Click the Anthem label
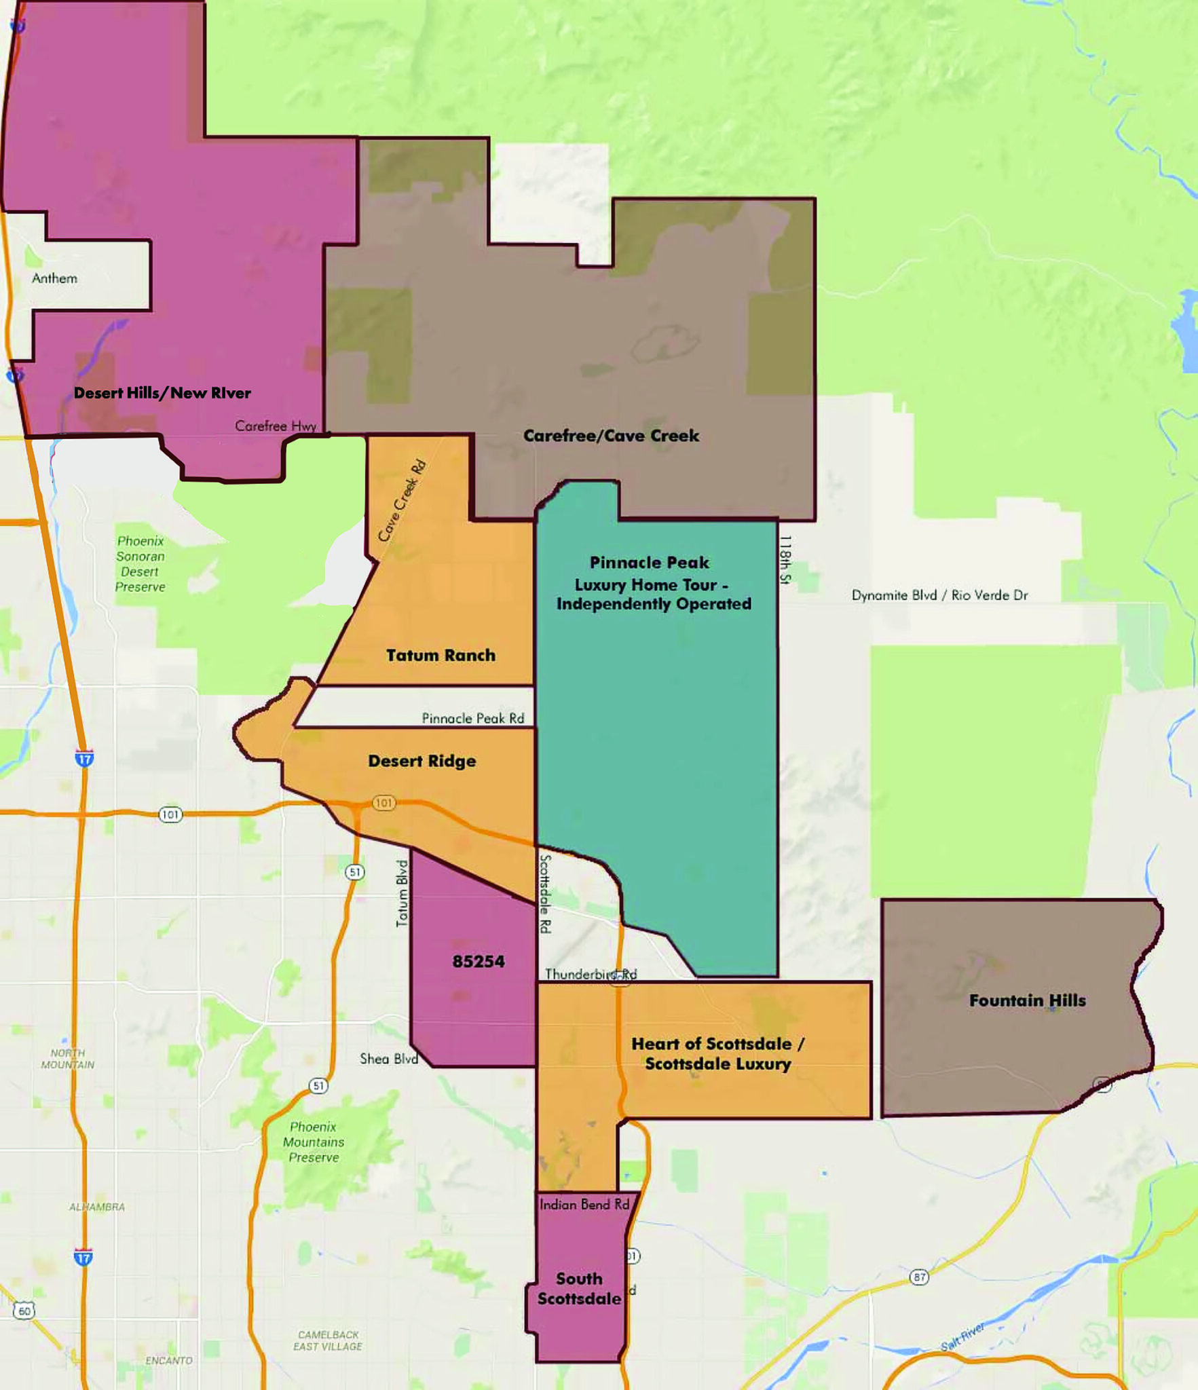point(54,278)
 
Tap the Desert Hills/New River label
point(162,393)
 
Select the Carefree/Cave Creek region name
point(611,436)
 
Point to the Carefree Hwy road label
point(276,426)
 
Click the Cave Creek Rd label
point(402,500)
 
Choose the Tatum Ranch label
point(441,656)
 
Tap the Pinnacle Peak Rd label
point(473,718)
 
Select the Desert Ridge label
point(422,762)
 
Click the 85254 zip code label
point(479,962)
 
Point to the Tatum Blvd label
point(403,893)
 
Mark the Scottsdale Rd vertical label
point(545,893)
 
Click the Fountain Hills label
point(1027,1001)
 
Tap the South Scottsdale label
point(579,1289)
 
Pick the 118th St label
point(785,559)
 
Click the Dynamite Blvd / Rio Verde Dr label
point(939,596)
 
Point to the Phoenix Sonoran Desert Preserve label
point(141,564)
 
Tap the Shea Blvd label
point(389,1059)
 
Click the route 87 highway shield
point(919,1277)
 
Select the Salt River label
point(962,1337)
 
